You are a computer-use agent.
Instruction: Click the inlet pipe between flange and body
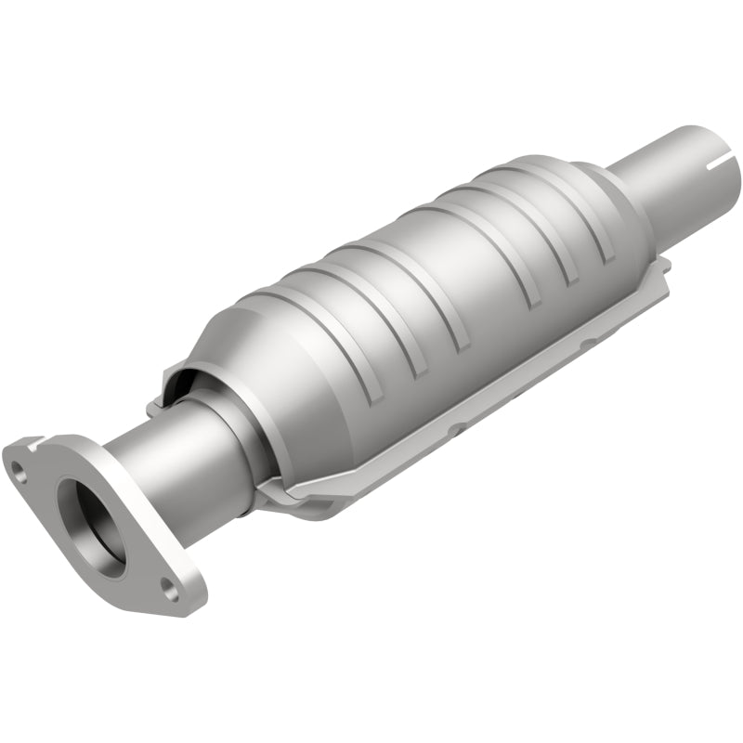tap(158, 464)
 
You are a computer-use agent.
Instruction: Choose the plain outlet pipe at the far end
tap(678, 176)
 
